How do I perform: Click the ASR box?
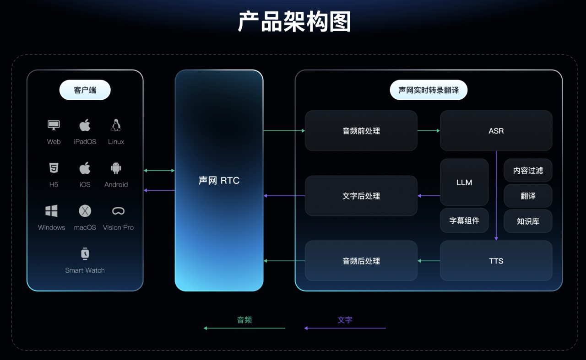pyautogui.click(x=496, y=130)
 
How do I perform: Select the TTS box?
pyautogui.click(x=496, y=261)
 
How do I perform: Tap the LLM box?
pyautogui.click(x=464, y=182)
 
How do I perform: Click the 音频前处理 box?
pyautogui.click(x=361, y=130)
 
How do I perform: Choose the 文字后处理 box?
pyautogui.click(x=361, y=196)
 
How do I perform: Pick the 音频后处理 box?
pyautogui.click(x=361, y=261)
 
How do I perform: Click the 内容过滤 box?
pyautogui.click(x=528, y=171)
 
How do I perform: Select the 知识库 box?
pyautogui.click(x=528, y=221)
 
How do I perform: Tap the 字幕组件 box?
pyautogui.click(x=464, y=220)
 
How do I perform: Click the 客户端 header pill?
pyautogui.click(x=85, y=90)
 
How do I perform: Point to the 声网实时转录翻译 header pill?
pyautogui.click(x=429, y=90)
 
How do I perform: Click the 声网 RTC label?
pyautogui.click(x=219, y=180)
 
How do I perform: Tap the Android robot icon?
pyautogui.click(x=116, y=168)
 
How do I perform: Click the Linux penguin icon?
pyautogui.click(x=116, y=125)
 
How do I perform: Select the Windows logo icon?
pyautogui.click(x=51, y=211)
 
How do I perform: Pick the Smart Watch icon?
pyautogui.click(x=85, y=253)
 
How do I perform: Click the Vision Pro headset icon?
pyautogui.click(x=118, y=211)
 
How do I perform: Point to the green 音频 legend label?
pyautogui.click(x=244, y=320)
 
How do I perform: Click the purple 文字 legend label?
pyautogui.click(x=345, y=320)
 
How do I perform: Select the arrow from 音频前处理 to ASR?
pyautogui.click(x=429, y=130)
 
